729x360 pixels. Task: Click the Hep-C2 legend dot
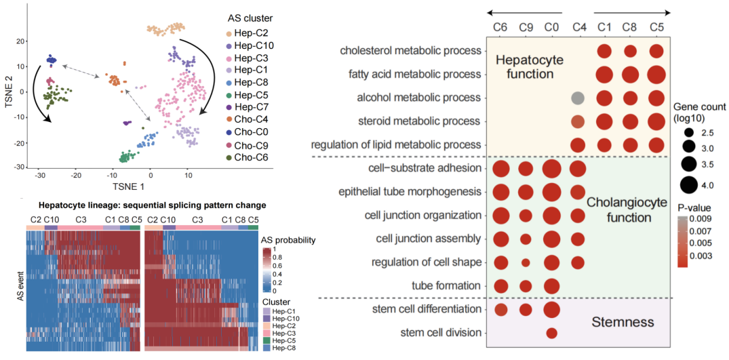230,33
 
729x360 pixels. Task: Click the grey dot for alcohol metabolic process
578,98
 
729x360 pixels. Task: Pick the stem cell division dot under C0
551,333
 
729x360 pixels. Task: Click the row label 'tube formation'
446,285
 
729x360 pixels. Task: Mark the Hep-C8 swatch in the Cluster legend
267,347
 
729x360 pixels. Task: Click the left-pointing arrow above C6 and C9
525,12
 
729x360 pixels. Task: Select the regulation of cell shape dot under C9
526,262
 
